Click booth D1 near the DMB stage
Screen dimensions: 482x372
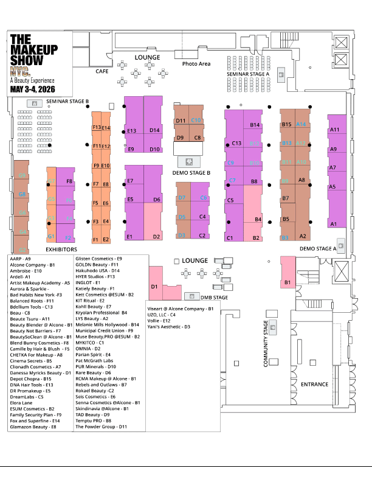[x=154, y=286]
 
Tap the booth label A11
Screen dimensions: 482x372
[x=334, y=130]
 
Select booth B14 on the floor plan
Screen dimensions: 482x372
[x=255, y=125]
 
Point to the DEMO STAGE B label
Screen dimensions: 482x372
[x=191, y=173]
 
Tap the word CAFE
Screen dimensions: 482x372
[x=102, y=71]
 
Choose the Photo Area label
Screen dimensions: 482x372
[x=196, y=64]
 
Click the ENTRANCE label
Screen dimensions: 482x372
[x=314, y=384]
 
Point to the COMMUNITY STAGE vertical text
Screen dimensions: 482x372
[x=266, y=344]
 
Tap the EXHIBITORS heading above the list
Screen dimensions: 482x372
[x=61, y=250]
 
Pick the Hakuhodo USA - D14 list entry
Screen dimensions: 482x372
[x=98, y=271]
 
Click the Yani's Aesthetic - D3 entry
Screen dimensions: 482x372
[x=169, y=327]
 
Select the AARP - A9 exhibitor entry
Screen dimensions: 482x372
[x=20, y=259]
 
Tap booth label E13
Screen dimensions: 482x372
[x=131, y=131]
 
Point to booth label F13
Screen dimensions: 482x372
[x=97, y=128]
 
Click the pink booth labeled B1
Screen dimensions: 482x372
[x=288, y=282]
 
